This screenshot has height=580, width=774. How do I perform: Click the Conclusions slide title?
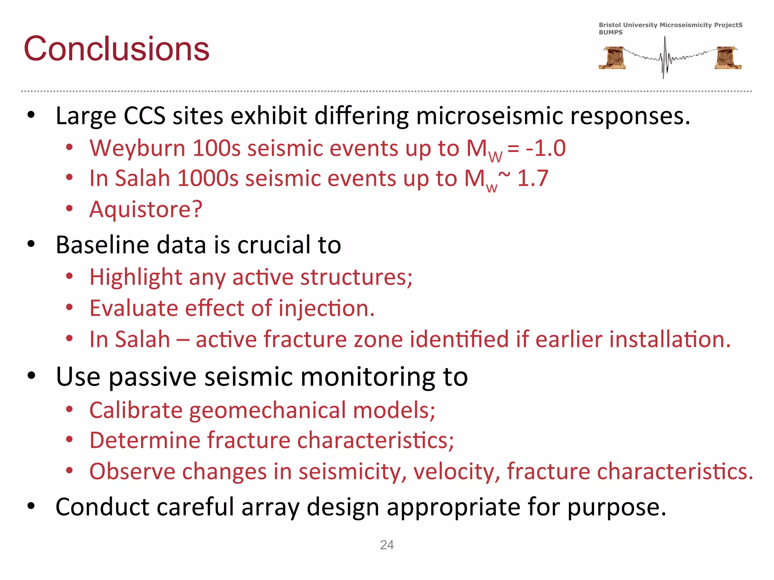[x=116, y=49]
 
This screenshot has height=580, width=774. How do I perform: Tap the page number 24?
[x=387, y=545]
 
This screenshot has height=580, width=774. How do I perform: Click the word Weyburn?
[x=137, y=148]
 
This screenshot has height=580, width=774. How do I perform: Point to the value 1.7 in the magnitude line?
[x=533, y=178]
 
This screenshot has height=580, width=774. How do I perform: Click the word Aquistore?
[x=146, y=209]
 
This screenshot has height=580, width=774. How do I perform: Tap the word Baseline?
[x=102, y=245]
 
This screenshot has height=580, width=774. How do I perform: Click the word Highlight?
[x=136, y=278]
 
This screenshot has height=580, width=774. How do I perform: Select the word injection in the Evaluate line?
[x=327, y=309]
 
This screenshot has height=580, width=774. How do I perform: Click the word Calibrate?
[x=136, y=410]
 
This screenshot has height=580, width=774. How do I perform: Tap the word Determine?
[x=145, y=441]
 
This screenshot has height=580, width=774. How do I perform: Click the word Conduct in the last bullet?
[x=102, y=507]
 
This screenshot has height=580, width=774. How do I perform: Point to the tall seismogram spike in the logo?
[x=664, y=57]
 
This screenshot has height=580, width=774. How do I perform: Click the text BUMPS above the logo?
[x=610, y=32]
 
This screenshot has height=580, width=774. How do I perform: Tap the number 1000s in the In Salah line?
[x=207, y=178]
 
